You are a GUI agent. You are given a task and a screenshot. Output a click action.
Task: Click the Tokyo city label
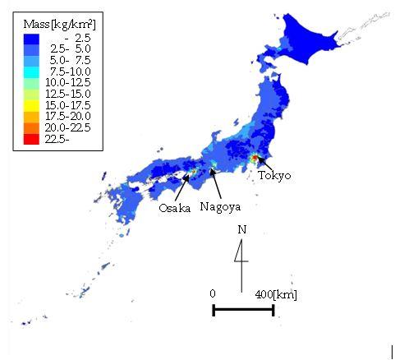pyautogui.click(x=273, y=175)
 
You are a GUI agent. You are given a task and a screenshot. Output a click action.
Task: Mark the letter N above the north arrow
pyautogui.click(x=241, y=229)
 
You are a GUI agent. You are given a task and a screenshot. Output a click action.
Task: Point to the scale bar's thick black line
pyautogui.click(x=243, y=310)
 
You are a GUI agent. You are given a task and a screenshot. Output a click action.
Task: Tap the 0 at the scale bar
pyautogui.click(x=213, y=293)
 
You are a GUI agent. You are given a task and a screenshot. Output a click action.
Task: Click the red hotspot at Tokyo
pyautogui.click(x=255, y=158)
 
